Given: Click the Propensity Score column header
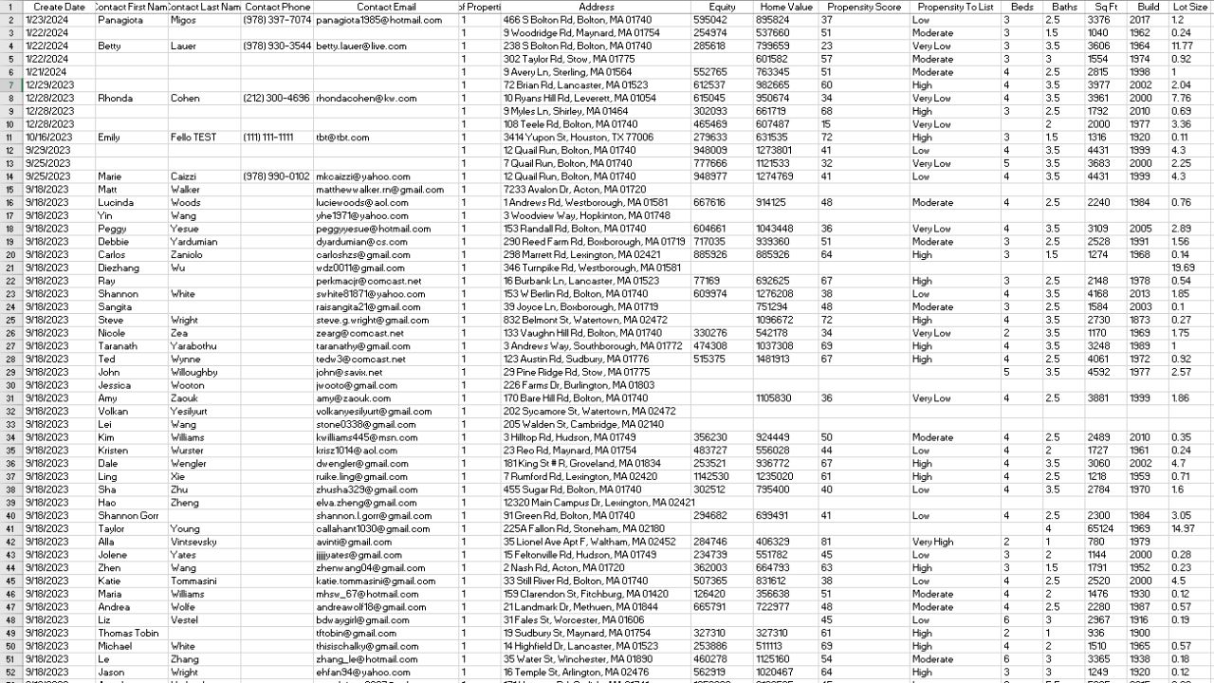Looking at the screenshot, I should coord(861,7).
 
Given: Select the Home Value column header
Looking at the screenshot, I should coord(785,7).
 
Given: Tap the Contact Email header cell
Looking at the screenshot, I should coord(386,7).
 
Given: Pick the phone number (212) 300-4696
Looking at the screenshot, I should coord(276,99).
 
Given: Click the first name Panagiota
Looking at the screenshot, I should coord(121,20).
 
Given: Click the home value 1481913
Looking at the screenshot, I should coord(774,360).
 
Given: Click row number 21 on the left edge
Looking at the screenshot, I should coord(9,268).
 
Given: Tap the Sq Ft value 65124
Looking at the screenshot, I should coord(1100,529).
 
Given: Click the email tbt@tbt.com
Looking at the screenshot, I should coord(342,138).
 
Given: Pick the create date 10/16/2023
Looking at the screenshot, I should coord(48,138).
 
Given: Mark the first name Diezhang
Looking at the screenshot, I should coord(120,268).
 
